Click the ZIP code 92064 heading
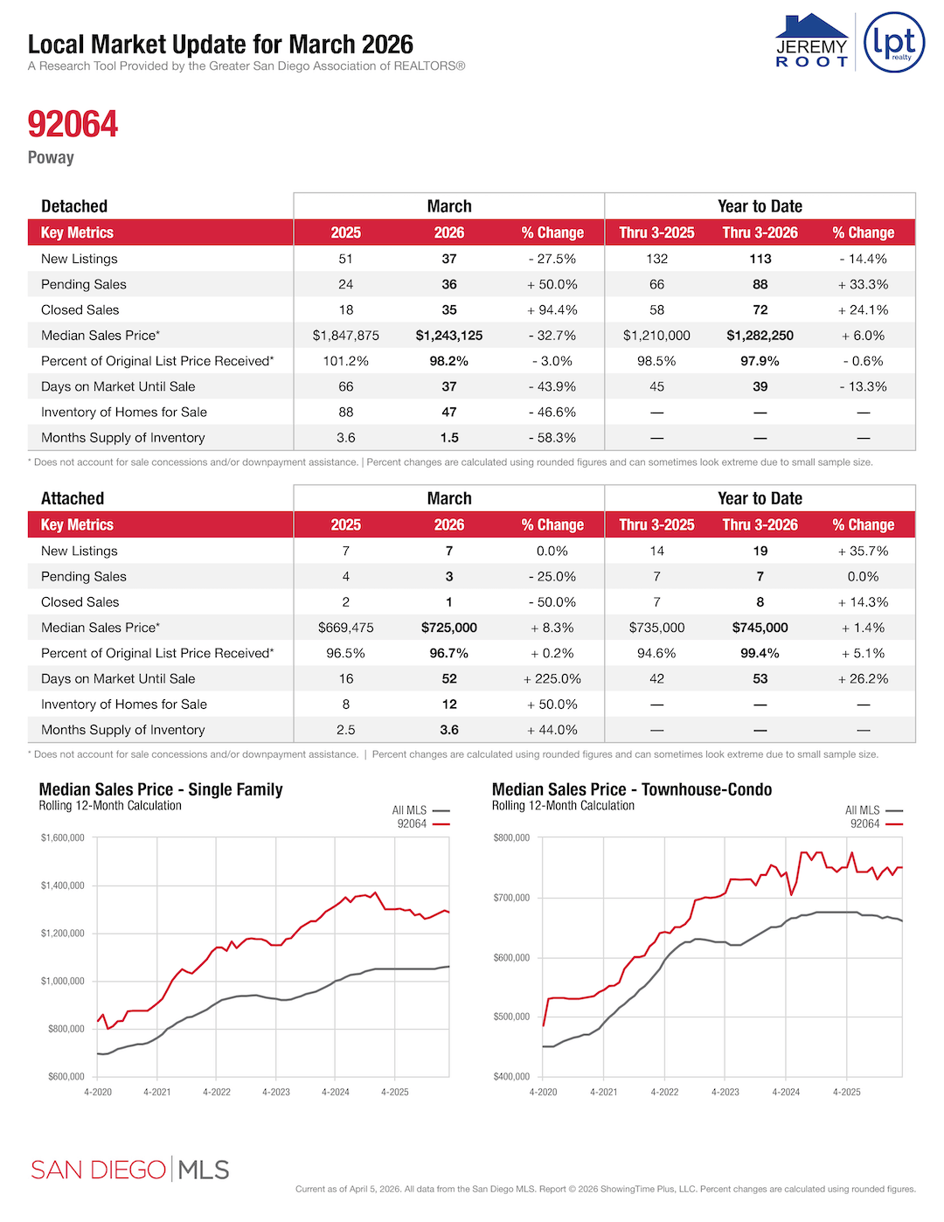click(73, 124)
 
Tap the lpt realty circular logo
click(893, 42)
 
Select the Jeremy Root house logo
click(812, 40)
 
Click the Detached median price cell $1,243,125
click(448, 336)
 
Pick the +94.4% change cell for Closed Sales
click(552, 310)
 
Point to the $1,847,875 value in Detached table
click(345, 336)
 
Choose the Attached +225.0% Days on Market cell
click(552, 679)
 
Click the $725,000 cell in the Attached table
click(448, 628)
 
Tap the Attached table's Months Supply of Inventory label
click(122, 730)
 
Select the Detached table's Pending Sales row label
click(83, 285)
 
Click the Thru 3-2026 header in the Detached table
click(760, 233)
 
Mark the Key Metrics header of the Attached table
click(77, 524)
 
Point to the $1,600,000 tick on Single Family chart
click(63, 838)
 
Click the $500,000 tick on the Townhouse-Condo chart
click(511, 1017)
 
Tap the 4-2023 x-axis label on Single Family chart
click(276, 1092)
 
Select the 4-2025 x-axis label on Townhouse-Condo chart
click(846, 1092)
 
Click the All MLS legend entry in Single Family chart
click(420, 810)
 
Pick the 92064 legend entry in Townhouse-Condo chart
click(874, 823)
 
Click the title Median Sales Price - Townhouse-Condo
click(631, 789)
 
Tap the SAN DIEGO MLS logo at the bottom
click(129, 1170)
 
